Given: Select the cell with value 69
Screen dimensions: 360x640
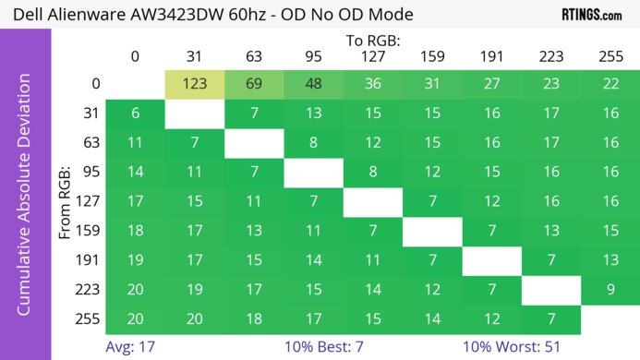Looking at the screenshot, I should point(253,84).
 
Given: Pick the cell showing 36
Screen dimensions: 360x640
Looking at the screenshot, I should point(371,84).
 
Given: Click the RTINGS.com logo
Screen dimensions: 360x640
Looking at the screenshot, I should point(591,15).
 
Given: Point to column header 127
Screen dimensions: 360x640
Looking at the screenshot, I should point(371,56).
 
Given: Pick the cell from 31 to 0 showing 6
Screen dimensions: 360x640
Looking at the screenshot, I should point(135,114).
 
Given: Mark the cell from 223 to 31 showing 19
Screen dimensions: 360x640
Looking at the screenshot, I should point(194,290).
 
